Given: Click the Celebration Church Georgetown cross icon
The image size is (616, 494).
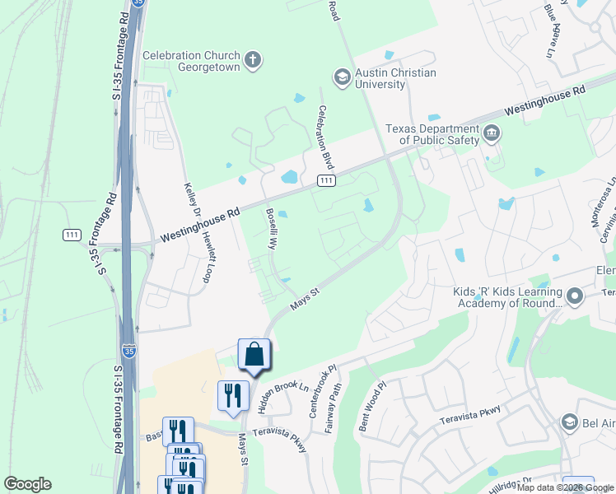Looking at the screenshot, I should click(253, 59).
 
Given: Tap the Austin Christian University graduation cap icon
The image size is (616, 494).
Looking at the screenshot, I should click(341, 77).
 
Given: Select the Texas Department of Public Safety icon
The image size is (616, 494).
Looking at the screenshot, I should click(492, 133).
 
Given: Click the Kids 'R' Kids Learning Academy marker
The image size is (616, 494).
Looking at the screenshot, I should click(575, 296).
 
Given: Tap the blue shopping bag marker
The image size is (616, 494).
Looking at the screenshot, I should click(254, 354).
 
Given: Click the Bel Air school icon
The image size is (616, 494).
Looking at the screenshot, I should click(569, 422).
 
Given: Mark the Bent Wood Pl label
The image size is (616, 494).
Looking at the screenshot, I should click(375, 408).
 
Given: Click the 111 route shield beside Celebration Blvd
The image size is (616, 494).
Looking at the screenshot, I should click(327, 180).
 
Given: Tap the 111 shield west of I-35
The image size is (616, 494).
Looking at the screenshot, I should click(72, 235).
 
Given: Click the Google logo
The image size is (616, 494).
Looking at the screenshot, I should click(27, 484).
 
